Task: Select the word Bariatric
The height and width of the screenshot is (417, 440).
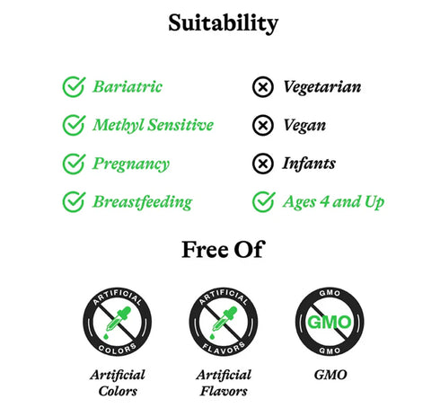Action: click(128, 87)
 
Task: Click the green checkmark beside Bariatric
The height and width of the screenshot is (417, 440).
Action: click(73, 87)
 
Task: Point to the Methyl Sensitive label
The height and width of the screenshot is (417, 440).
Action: click(153, 125)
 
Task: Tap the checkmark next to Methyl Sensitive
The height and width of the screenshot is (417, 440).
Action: click(73, 125)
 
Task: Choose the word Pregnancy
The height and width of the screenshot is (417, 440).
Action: click(130, 164)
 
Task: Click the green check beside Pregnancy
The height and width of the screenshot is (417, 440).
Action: click(73, 164)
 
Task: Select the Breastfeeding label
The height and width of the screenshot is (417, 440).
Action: click(142, 201)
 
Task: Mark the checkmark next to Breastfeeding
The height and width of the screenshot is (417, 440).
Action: click(73, 201)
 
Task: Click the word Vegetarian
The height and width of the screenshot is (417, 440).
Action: click(321, 87)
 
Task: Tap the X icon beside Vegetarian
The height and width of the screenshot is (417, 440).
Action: click(262, 87)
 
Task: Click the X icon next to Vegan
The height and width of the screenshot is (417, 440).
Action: click(262, 125)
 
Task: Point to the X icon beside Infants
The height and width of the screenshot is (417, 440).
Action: click(262, 164)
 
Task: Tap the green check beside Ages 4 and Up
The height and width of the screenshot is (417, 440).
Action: click(262, 201)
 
